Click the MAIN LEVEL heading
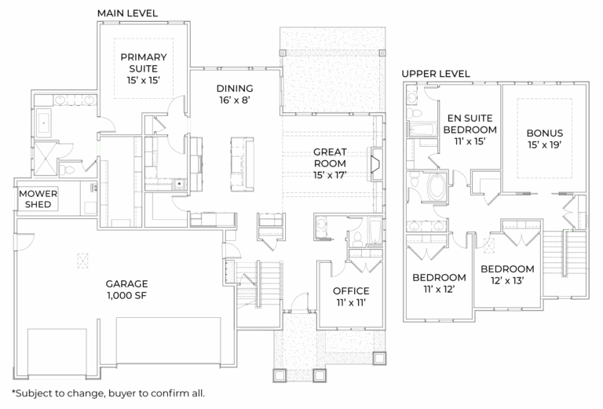(127, 14)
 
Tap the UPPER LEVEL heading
(436, 74)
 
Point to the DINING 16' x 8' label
(235, 94)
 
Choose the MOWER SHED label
(35, 199)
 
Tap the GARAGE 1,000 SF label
(127, 290)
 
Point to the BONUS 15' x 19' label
(545, 139)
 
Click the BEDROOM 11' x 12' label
(438, 283)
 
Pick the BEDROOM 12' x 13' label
(512, 274)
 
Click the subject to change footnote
(108, 393)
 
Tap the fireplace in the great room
(376, 163)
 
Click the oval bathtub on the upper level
(434, 187)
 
